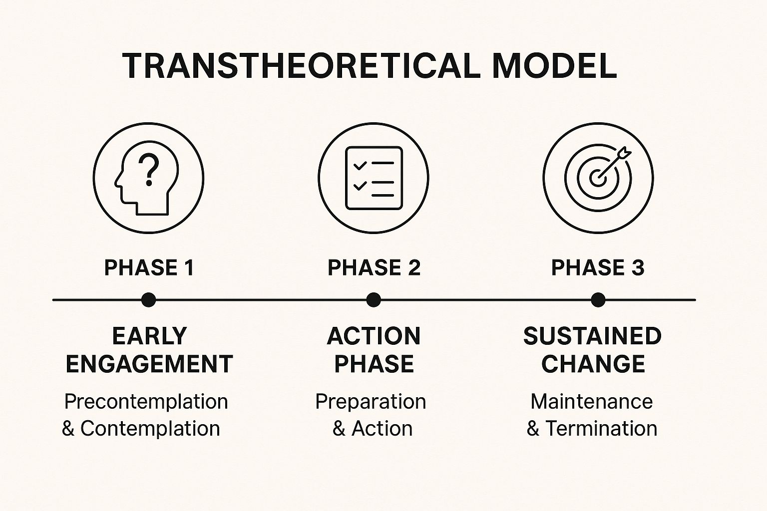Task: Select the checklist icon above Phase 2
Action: [x=374, y=178]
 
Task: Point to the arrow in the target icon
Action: [x=613, y=164]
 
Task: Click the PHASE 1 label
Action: [x=149, y=267]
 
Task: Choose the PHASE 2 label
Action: [x=374, y=267]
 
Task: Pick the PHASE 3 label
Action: [x=598, y=267]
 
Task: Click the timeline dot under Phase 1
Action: [x=149, y=300]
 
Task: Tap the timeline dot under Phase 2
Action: [x=374, y=300]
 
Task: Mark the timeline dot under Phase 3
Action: [x=598, y=300]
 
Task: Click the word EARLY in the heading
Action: [x=150, y=336]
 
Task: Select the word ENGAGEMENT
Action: [x=149, y=364]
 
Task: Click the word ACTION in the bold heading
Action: [x=374, y=336]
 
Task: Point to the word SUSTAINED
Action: [x=592, y=336]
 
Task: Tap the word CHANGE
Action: [x=593, y=364]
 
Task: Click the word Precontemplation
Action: [x=146, y=402]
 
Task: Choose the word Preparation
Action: [x=371, y=402]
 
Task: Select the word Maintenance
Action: [x=592, y=402]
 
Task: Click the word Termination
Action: [x=601, y=429]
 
